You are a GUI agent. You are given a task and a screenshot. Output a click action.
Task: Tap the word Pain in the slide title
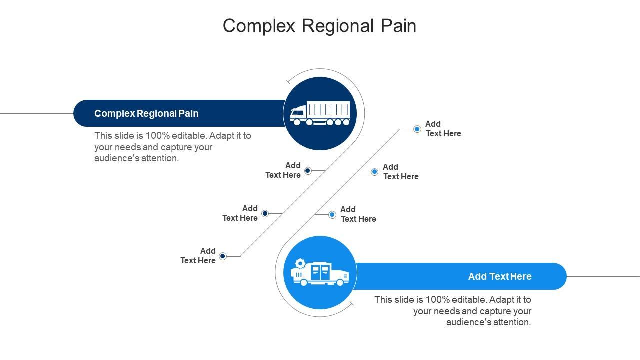coord(398,26)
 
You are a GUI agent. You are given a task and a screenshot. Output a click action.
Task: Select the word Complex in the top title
coord(259,26)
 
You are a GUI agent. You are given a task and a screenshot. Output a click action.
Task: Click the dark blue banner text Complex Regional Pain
coord(146,113)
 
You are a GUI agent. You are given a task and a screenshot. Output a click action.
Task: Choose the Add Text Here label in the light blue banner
coord(500,276)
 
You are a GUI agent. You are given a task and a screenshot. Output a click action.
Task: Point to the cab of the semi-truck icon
coord(298,112)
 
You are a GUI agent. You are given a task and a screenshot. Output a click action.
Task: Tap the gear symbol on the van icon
coord(300,263)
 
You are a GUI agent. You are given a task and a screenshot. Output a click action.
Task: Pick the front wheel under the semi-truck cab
coord(297,122)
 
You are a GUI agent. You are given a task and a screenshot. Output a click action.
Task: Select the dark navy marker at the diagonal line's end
coord(223,256)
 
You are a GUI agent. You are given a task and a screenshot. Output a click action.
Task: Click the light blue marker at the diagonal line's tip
coord(417,129)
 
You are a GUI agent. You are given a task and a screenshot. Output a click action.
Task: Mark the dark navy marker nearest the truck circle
coord(308,171)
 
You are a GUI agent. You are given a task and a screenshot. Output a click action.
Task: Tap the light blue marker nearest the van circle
coord(332,215)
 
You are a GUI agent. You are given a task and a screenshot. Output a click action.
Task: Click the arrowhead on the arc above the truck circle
coord(288,81)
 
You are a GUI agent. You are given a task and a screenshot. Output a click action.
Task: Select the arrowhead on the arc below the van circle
coord(351,303)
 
